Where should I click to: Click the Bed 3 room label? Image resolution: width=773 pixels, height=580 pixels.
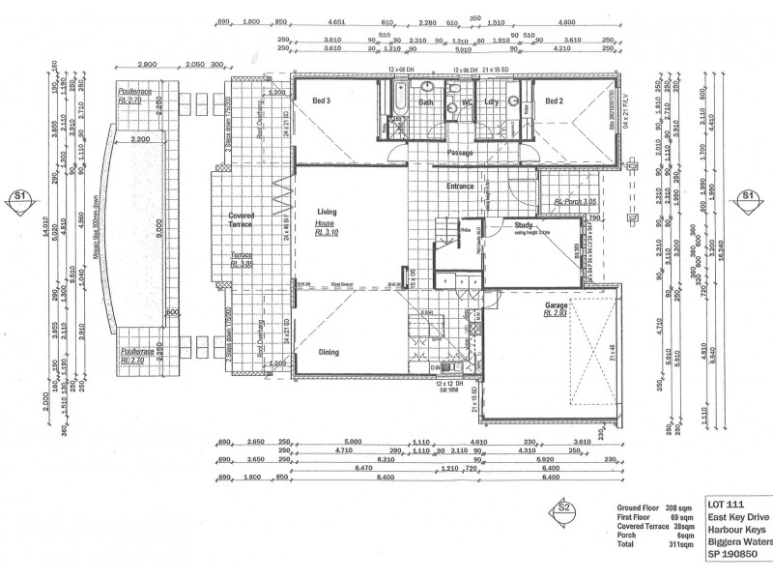point(321,101)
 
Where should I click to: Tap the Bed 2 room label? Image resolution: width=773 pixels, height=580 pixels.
point(553,101)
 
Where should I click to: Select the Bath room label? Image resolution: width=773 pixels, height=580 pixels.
point(426,101)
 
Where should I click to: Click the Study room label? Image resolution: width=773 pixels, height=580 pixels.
point(509,225)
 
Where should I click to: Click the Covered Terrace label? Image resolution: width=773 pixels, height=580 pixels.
point(240,219)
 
